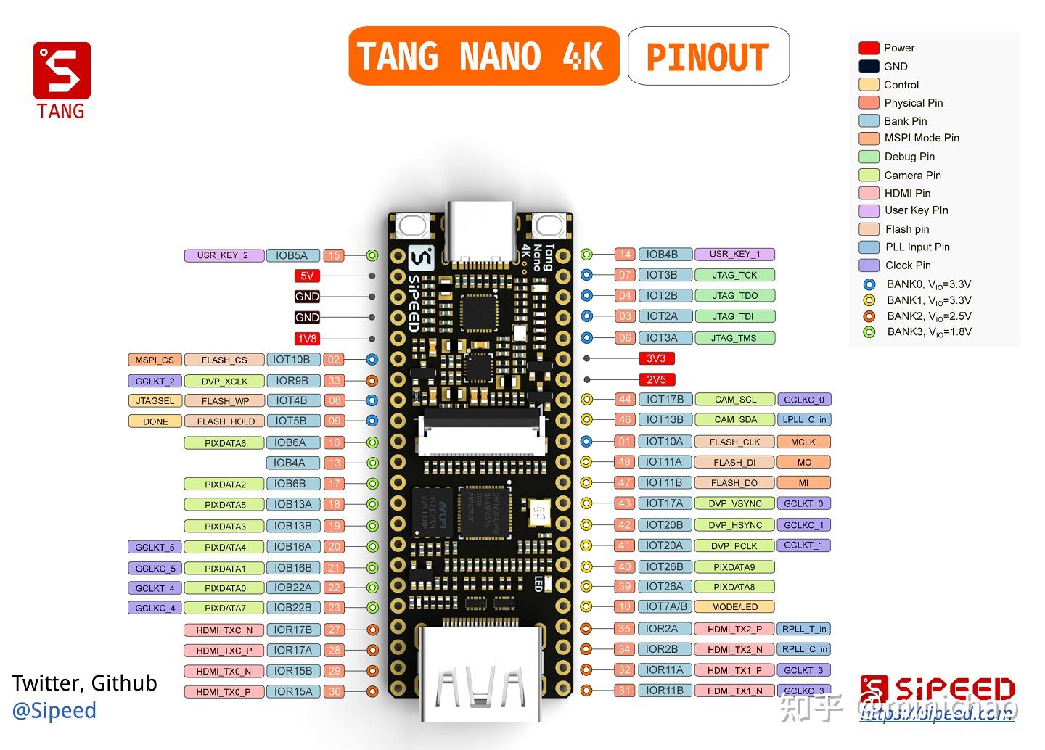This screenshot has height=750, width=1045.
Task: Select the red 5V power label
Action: [307, 276]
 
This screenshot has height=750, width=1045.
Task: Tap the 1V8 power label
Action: [307, 339]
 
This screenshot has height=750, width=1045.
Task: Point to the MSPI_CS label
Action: [154, 360]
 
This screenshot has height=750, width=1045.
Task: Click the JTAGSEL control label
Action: [155, 400]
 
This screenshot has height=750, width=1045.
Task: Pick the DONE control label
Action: [155, 421]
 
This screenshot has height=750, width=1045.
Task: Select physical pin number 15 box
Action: [334, 255]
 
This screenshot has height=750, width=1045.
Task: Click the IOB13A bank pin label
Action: [292, 504]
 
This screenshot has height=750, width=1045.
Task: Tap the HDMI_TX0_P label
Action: [224, 692]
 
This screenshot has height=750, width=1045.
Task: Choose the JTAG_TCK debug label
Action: [734, 275]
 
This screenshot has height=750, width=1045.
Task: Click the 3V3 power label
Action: [656, 358]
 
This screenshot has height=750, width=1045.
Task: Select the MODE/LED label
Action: [734, 607]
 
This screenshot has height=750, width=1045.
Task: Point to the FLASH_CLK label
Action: [734, 442]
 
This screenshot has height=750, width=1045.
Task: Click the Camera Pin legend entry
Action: [911, 175]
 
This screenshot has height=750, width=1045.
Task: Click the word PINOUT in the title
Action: [708, 57]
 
